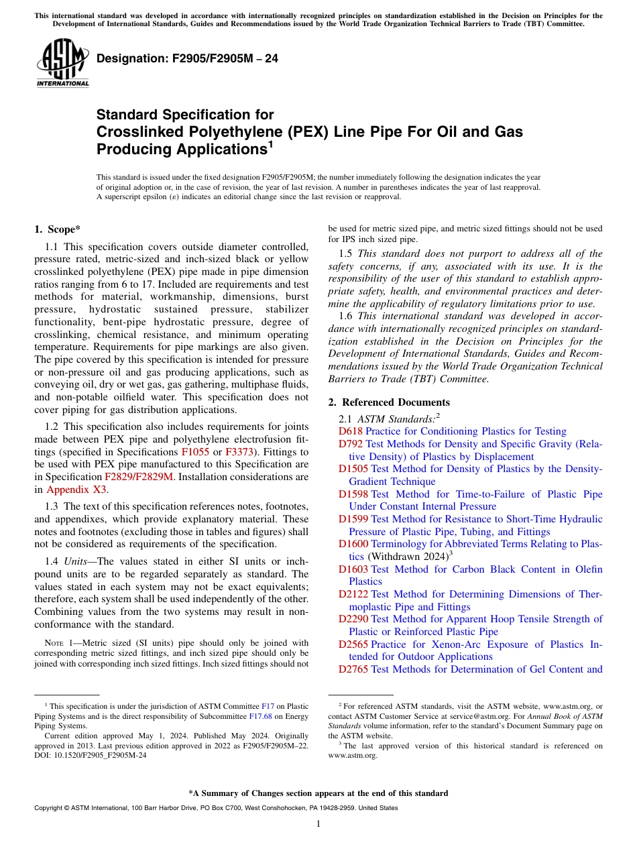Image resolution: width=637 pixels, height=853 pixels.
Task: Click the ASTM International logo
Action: (x=62, y=63)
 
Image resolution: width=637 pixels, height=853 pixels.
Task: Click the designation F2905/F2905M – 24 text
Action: (x=187, y=59)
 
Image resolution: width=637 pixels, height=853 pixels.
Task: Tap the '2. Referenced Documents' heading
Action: (x=389, y=402)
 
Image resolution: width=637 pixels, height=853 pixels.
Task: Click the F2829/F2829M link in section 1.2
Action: (x=139, y=477)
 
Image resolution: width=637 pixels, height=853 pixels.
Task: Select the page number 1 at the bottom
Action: (x=318, y=824)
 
